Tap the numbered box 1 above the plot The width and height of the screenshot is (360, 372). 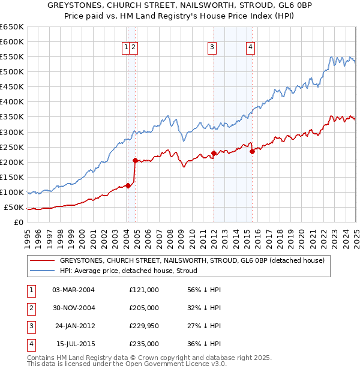pos(126,49)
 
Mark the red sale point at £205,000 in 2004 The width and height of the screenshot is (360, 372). pos(136,160)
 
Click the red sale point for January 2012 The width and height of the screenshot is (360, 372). pos(214,153)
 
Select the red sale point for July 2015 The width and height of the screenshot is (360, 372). pos(252,151)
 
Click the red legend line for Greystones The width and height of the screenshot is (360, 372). pos(42,260)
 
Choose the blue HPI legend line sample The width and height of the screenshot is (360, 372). pos(42,271)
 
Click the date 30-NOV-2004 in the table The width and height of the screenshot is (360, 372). pos(74,308)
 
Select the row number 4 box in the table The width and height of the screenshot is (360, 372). pos(30,344)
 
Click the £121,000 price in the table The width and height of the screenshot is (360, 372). pos(144,290)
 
